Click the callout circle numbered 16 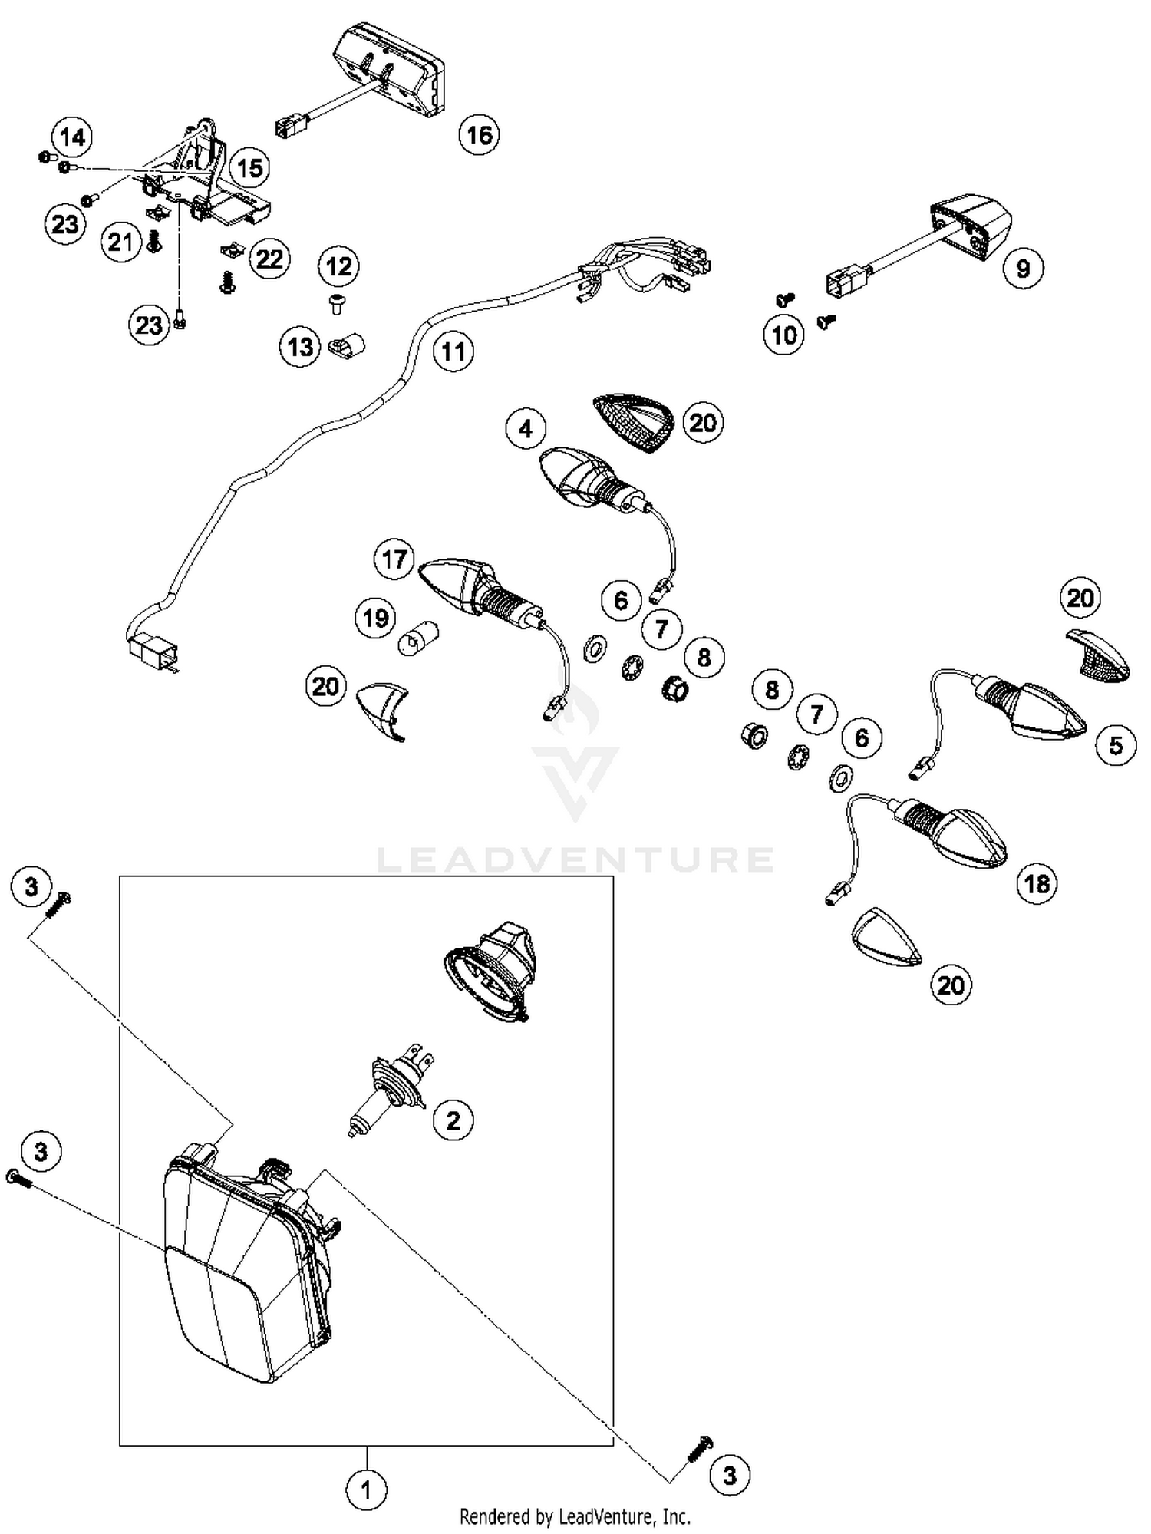tap(479, 135)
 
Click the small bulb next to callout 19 tap(419, 638)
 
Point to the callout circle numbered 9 tap(1022, 269)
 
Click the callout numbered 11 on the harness tap(453, 351)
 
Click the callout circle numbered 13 tap(299, 347)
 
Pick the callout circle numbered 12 tap(338, 266)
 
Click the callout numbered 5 tap(1116, 745)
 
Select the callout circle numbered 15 tap(250, 168)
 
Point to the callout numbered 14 tap(72, 137)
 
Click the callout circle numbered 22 tap(269, 259)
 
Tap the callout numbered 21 tap(120, 242)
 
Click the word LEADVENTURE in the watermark tap(575, 859)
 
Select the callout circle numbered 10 tap(783, 335)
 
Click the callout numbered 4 tap(526, 428)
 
